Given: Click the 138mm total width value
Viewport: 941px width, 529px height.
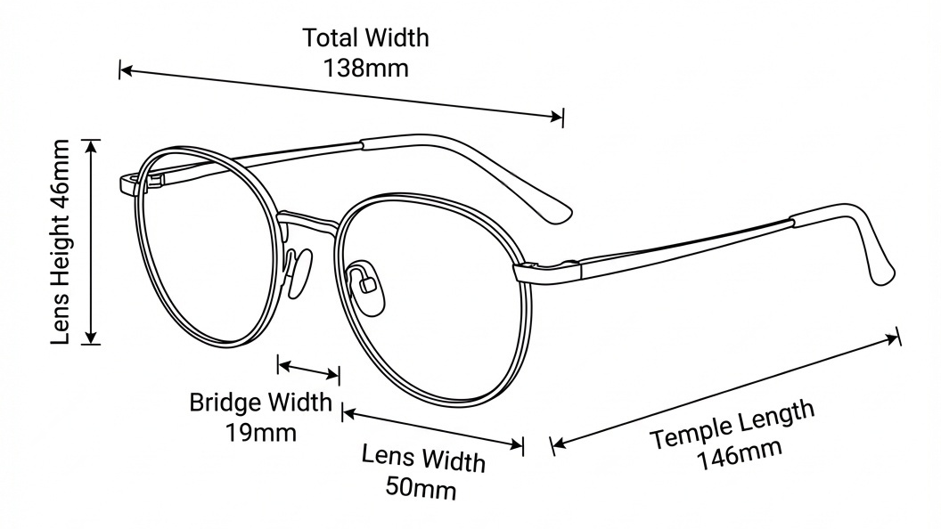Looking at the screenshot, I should [x=366, y=68].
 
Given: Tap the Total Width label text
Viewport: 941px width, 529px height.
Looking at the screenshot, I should [x=365, y=38].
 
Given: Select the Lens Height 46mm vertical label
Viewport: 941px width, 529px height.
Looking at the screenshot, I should [x=60, y=241].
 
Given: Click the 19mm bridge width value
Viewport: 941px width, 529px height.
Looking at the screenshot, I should [x=261, y=433].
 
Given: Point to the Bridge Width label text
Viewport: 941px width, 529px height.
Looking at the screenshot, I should [x=260, y=403].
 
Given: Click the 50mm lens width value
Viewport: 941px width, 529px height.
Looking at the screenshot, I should [x=421, y=487].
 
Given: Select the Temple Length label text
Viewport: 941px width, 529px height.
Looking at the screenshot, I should [x=732, y=426].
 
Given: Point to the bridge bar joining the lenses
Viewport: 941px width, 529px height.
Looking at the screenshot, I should [x=307, y=217].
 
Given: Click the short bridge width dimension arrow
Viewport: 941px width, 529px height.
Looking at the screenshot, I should [x=308, y=369].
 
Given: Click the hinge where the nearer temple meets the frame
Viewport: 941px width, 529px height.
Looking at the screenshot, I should [x=526, y=267].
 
